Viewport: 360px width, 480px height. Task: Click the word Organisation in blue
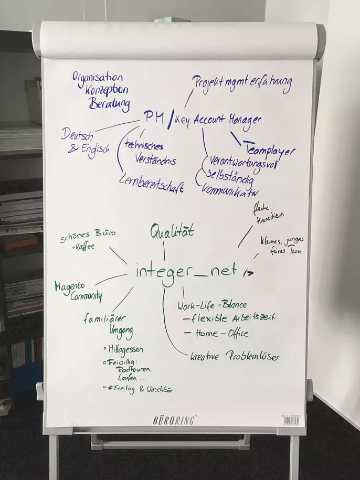98,78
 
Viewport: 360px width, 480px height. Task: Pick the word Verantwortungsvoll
243,162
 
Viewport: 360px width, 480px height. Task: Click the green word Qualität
172,231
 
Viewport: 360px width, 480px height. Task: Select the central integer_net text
186,272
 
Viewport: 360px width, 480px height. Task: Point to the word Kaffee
84,246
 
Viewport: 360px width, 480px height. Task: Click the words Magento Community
79,292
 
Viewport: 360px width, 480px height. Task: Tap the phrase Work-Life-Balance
212,305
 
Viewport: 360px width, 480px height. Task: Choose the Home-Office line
215,333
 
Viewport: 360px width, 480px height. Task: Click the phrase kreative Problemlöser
235,356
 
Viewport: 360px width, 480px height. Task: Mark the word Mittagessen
124,349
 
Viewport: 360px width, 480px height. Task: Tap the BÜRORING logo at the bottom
175,420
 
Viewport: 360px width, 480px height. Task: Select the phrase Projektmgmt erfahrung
241,83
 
